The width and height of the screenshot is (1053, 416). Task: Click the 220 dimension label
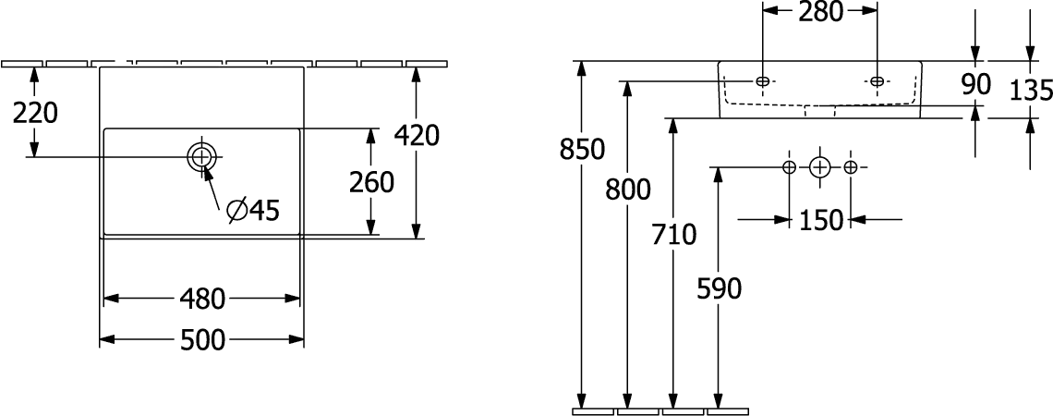pyautogui.click(x=36, y=113)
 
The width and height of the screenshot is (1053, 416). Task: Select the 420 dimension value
pyautogui.click(x=417, y=136)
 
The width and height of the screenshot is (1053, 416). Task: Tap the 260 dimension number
pyautogui.click(x=370, y=182)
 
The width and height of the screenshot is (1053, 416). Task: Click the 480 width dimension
pyautogui.click(x=202, y=300)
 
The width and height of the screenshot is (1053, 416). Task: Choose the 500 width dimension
pyautogui.click(x=202, y=341)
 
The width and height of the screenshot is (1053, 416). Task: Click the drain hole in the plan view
pyautogui.click(x=201, y=157)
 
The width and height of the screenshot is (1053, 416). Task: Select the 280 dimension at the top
pyautogui.click(x=820, y=11)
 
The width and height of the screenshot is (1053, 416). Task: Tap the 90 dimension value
pyautogui.click(x=975, y=85)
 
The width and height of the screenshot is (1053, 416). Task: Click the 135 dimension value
pyautogui.click(x=1032, y=90)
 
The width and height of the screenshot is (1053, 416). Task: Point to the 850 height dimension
pyautogui.click(x=582, y=149)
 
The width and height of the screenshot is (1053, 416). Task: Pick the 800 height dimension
pyautogui.click(x=628, y=190)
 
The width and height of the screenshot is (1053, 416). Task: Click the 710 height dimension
pyautogui.click(x=673, y=235)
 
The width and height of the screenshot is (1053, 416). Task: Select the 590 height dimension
pyautogui.click(x=719, y=289)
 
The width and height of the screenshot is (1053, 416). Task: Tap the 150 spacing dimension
pyautogui.click(x=820, y=220)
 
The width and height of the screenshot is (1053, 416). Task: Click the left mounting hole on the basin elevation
pyautogui.click(x=763, y=81)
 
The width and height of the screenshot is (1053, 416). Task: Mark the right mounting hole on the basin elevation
pyautogui.click(x=877, y=81)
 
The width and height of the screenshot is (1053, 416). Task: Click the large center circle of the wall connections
pyautogui.click(x=820, y=167)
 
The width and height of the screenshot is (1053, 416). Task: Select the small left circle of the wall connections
pyautogui.click(x=790, y=167)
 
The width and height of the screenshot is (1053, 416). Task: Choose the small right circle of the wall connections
pyautogui.click(x=850, y=167)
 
